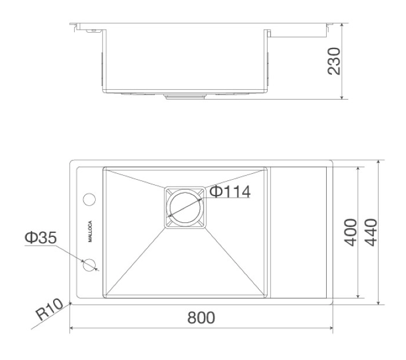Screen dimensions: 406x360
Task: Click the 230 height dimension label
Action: click(x=334, y=61)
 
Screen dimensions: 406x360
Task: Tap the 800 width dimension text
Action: click(x=201, y=317)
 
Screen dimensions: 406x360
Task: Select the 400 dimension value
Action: click(x=351, y=232)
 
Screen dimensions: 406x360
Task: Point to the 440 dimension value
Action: click(x=371, y=232)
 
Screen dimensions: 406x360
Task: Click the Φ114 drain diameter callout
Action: click(x=230, y=192)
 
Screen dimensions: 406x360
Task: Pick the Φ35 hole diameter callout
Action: click(x=41, y=237)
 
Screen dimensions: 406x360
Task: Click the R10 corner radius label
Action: click(x=50, y=309)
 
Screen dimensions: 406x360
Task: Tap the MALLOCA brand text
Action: click(x=90, y=231)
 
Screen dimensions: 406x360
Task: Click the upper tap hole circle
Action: click(x=89, y=200)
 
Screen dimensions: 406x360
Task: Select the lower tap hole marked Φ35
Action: click(x=89, y=265)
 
